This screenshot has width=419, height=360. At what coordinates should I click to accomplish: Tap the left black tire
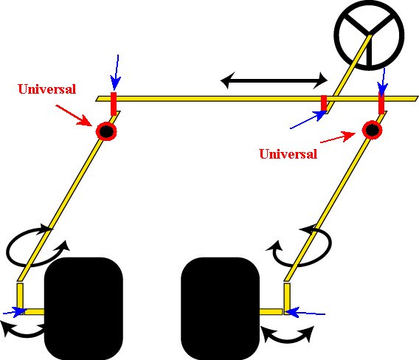(83, 308)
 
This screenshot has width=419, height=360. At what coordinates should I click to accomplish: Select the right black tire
(220, 308)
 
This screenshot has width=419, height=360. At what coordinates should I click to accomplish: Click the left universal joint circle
(106, 131)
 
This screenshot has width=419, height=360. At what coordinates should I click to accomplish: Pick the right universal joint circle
(372, 130)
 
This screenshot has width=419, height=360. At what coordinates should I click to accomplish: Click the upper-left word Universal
(47, 89)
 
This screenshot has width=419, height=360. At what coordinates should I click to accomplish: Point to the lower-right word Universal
(288, 154)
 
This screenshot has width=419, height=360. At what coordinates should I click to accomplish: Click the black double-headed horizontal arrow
(274, 80)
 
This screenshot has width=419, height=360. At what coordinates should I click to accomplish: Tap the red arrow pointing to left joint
(75, 115)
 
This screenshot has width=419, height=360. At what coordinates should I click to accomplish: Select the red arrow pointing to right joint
(338, 138)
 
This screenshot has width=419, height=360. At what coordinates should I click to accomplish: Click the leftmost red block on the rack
(114, 104)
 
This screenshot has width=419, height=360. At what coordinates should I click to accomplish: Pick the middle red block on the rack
(324, 103)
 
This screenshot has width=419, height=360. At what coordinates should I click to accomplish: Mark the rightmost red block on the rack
(381, 103)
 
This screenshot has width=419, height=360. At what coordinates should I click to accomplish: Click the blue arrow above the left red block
(115, 72)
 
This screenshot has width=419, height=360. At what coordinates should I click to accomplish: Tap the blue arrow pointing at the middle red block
(308, 120)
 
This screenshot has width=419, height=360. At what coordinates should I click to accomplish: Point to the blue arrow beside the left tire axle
(15, 311)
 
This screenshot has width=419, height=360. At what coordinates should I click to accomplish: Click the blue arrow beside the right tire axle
(305, 313)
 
